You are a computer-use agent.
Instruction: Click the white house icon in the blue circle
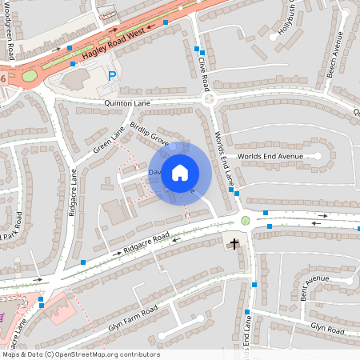(x=180, y=172)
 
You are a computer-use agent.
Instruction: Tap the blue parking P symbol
(x=112, y=76)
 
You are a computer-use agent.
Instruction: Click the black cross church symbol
(x=235, y=243)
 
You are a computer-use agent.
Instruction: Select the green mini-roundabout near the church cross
(x=245, y=220)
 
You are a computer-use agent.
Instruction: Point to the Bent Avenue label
(x=315, y=286)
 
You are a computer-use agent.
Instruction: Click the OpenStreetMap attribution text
(x=80, y=354)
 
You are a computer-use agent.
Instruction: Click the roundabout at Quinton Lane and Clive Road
(x=210, y=99)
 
